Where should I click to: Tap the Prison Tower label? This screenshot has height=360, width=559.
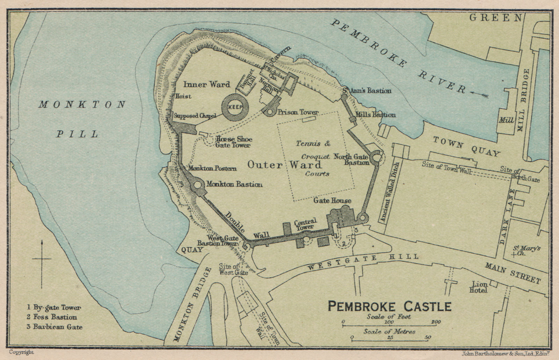coord(298,112)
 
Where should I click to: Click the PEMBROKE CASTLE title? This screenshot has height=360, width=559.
coord(390,307)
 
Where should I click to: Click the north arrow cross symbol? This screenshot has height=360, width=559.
coord(42,259)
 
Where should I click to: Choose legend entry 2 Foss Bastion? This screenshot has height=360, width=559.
coord(52,317)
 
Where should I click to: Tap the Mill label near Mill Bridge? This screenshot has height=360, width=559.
coord(507,120)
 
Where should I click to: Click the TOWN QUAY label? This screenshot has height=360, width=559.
coord(466,146)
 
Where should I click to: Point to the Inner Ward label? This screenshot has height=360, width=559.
coord(207,84)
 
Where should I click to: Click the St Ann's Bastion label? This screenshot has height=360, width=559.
coord(366,91)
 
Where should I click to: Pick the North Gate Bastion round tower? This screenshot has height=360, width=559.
coord(377,158)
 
